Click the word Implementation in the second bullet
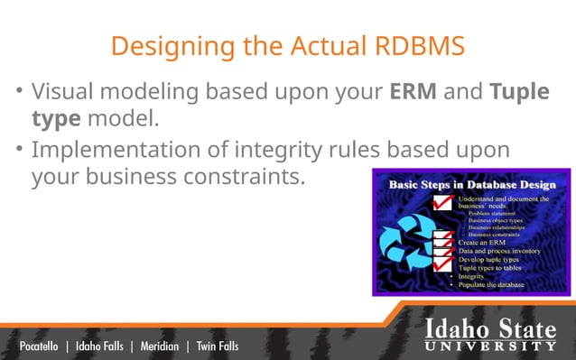[107, 150]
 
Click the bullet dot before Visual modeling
[18, 93]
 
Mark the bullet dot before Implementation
[18, 150]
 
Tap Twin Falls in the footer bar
[218, 346]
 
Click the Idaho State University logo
[490, 333]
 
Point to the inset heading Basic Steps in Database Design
[469, 184]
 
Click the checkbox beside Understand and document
[443, 204]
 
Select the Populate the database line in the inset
[491, 284]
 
